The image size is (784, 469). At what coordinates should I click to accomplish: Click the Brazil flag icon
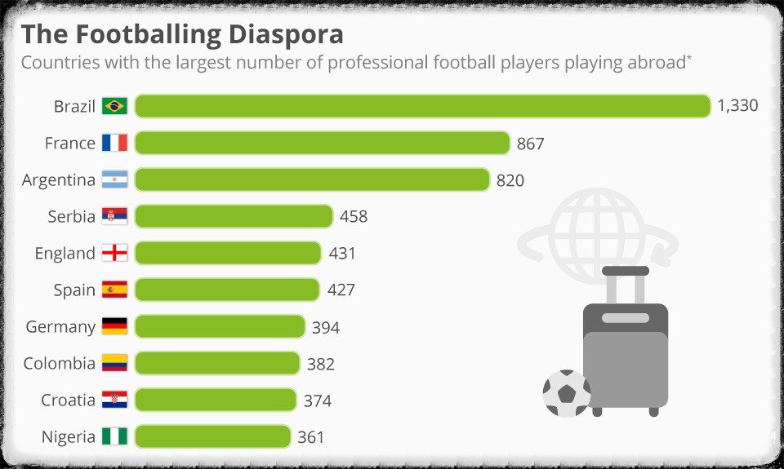tap(114, 106)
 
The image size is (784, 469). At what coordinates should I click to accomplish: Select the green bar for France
tap(322, 143)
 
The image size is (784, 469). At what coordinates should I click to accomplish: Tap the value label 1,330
tap(737, 106)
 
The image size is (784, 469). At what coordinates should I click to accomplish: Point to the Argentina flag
tap(114, 179)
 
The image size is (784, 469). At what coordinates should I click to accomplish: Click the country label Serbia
tap(71, 216)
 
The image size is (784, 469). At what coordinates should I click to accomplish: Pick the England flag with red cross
tap(114, 253)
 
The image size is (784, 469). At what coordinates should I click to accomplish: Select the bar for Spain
tap(226, 290)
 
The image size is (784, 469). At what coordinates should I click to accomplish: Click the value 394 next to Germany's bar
tap(325, 327)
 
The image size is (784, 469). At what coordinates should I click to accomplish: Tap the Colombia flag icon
tap(114, 363)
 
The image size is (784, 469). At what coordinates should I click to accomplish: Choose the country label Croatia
tap(68, 400)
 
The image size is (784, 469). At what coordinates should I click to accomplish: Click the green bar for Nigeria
tap(212, 436)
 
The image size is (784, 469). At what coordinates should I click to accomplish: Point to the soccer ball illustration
tap(566, 393)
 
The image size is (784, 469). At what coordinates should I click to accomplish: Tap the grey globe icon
tap(598, 228)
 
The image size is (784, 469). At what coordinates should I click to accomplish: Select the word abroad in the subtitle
tap(654, 63)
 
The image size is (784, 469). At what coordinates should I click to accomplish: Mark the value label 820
tap(510, 180)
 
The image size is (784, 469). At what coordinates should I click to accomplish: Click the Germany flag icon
tap(114, 326)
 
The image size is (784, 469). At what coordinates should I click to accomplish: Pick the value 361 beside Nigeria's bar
tap(310, 437)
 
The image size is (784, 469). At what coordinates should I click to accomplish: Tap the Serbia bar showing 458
tap(234, 216)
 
